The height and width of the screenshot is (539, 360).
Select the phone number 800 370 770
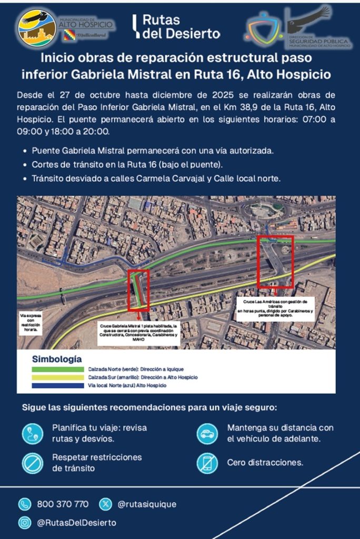[x=63, y=504]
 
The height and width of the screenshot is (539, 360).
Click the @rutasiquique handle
[x=147, y=504]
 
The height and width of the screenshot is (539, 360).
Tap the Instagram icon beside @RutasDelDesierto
[x=24, y=523]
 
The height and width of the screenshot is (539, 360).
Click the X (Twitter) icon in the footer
[x=106, y=504]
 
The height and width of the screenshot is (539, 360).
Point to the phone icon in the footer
[x=24, y=504]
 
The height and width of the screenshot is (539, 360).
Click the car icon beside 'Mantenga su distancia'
[x=207, y=434]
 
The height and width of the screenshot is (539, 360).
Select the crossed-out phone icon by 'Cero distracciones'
[x=207, y=463]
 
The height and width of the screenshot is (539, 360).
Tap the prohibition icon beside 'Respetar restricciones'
[x=33, y=463]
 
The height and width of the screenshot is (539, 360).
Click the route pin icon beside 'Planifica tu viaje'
[x=33, y=434]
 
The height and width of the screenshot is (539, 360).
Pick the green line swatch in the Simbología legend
[x=57, y=370]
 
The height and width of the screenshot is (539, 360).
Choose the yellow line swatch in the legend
[x=57, y=377]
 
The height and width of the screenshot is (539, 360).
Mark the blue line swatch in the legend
[x=57, y=386]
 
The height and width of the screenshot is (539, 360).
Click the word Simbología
[x=57, y=360]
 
